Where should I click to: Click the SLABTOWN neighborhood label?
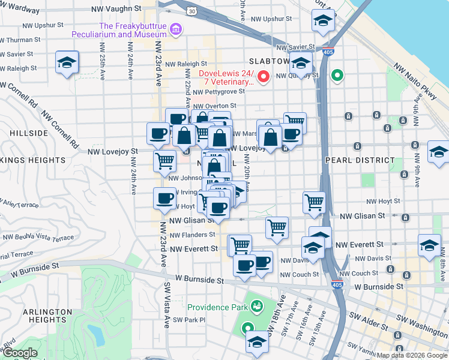click(x=269, y=62)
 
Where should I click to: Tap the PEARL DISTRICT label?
click(x=360, y=160)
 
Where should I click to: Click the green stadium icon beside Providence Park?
click(x=256, y=307)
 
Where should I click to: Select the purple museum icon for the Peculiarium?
click(x=176, y=29)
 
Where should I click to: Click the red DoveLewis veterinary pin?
click(x=263, y=77)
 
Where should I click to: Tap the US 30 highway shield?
click(x=191, y=11)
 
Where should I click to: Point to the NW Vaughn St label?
click(x=116, y=10)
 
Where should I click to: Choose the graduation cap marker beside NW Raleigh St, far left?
click(x=67, y=62)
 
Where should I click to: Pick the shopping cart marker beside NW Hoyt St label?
click(x=314, y=203)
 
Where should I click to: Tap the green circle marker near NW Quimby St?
click(x=337, y=76)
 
